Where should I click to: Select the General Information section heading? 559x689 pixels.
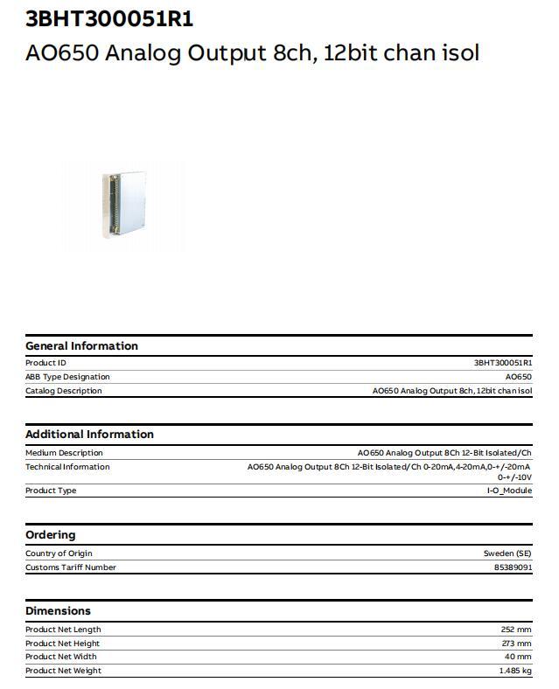click(x=81, y=346)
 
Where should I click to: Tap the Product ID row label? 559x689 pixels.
click(x=45, y=363)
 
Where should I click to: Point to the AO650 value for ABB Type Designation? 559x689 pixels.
click(x=518, y=377)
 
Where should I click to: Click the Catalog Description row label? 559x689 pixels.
click(x=63, y=391)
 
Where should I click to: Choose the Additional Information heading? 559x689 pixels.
click(x=89, y=435)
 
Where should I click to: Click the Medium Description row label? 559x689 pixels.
click(x=64, y=453)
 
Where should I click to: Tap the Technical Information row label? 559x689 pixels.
click(x=67, y=467)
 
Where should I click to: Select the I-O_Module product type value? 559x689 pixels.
click(x=509, y=491)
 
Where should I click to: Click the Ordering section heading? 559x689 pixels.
click(x=51, y=535)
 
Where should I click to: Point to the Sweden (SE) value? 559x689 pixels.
click(x=507, y=553)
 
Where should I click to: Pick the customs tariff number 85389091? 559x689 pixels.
click(x=513, y=567)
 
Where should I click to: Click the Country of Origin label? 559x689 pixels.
click(x=59, y=553)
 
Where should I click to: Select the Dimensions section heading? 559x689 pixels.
click(x=58, y=611)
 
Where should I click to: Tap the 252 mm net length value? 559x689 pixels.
click(x=516, y=630)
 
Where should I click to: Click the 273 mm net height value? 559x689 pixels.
click(x=516, y=644)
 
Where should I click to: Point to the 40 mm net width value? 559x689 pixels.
click(x=519, y=657)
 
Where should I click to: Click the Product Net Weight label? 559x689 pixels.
click(x=63, y=671)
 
